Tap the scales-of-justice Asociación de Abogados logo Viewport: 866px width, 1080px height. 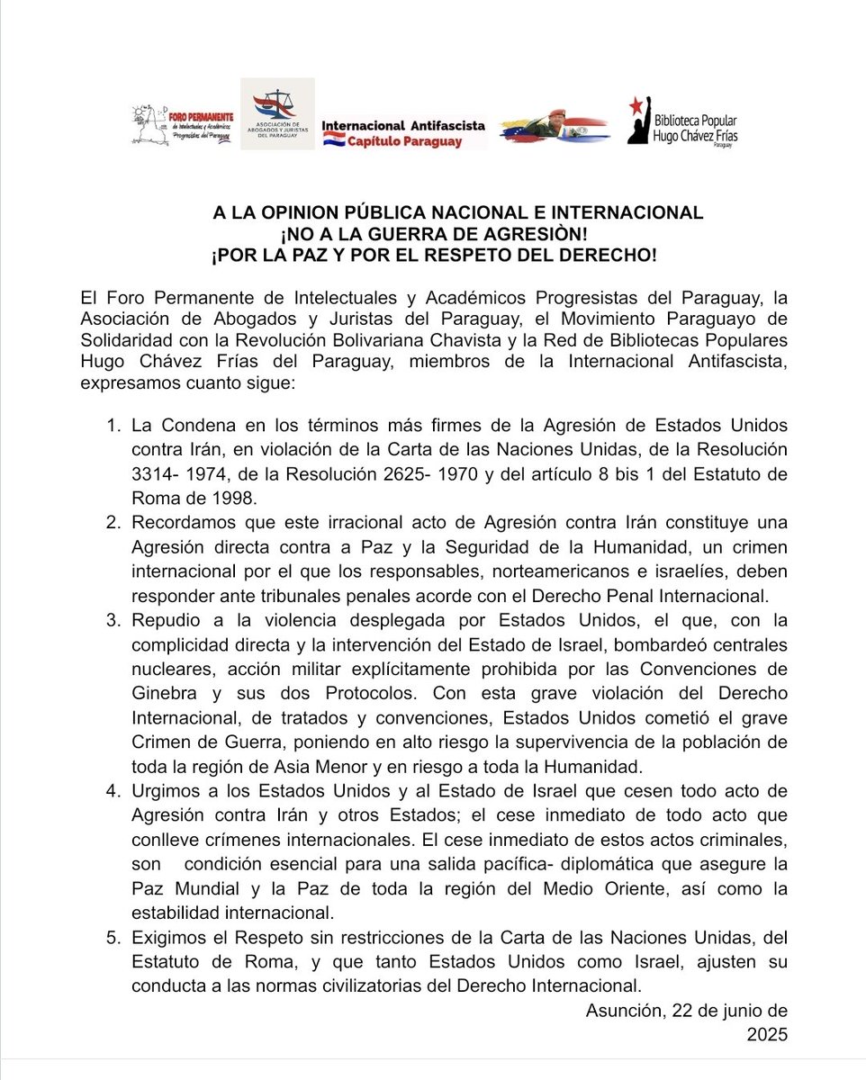(276, 113)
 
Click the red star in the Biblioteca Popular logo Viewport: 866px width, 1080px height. (636, 105)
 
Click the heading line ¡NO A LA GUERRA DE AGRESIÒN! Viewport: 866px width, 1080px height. (433, 234)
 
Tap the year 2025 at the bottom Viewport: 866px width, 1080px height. (766, 1035)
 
